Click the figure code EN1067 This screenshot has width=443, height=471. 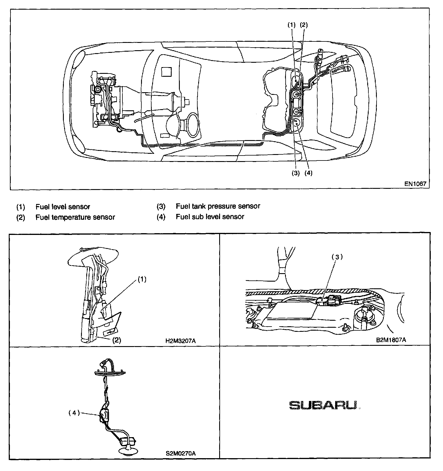[415, 184]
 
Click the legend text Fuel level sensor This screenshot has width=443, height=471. [63, 207]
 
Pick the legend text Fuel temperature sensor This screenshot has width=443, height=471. [75, 217]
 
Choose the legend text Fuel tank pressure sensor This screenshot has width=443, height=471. [218, 206]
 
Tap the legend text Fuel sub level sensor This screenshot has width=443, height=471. [210, 217]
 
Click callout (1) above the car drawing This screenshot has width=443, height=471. [292, 25]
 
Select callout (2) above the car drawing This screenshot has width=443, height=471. [304, 25]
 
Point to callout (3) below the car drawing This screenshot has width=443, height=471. [296, 173]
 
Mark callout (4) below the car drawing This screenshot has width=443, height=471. [308, 173]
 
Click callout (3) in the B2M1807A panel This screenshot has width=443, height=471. [337, 257]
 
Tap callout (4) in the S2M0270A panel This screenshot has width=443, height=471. [74, 413]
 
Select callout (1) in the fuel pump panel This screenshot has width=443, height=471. [142, 279]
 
